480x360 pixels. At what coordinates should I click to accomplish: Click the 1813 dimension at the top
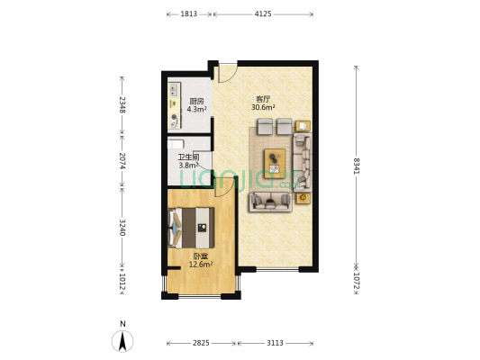[188, 14]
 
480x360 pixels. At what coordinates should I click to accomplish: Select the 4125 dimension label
[263, 14]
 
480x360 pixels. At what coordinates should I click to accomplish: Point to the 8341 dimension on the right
[356, 166]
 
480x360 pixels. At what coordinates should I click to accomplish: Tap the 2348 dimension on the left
[122, 104]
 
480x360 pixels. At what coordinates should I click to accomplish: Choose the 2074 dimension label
[122, 160]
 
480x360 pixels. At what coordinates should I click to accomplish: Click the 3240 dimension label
[122, 228]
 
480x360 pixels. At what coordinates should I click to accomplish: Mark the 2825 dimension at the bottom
[201, 343]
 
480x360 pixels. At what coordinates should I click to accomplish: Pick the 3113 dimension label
[275, 343]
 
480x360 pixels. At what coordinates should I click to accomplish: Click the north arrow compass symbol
[122, 341]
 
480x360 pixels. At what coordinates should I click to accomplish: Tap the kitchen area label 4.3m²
[196, 109]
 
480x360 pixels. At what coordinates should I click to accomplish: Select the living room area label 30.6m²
[263, 107]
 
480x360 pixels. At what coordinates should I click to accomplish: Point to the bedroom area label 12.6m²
[201, 265]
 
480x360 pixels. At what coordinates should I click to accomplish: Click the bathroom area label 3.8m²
[188, 166]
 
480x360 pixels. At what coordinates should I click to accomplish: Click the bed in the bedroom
[191, 228]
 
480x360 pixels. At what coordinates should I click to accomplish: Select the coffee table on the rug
[275, 164]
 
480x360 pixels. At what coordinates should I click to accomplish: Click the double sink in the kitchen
[174, 89]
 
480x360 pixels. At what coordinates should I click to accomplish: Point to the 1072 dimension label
[356, 281]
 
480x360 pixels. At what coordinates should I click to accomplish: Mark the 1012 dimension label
[122, 282]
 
